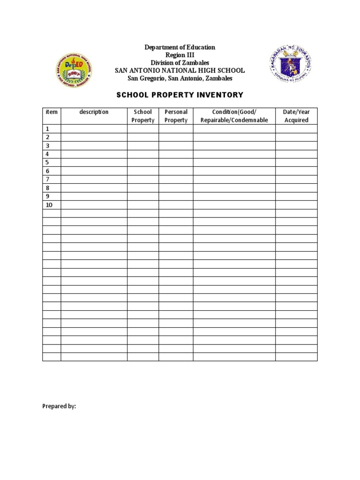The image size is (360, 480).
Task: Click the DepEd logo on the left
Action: (x=74, y=70)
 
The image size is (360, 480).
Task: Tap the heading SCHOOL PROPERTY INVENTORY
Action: (x=180, y=95)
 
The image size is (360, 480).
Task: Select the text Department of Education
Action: (x=180, y=47)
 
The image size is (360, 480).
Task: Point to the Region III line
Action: (x=180, y=55)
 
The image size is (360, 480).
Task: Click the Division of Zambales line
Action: (x=180, y=63)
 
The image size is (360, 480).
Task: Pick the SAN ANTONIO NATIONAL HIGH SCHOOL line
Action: (x=180, y=70)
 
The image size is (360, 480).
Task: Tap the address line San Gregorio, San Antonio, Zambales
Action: (x=180, y=78)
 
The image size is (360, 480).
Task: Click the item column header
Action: (x=52, y=112)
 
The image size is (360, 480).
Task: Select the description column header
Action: (x=94, y=112)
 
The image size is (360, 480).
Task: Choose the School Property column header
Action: (x=143, y=116)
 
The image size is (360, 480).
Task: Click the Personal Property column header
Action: (x=176, y=116)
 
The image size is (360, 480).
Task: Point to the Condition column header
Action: (x=234, y=116)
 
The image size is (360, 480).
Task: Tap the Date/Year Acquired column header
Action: (x=296, y=116)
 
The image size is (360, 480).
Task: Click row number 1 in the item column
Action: (x=47, y=129)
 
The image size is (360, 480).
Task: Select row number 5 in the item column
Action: (x=47, y=163)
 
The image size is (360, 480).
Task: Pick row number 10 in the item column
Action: (x=49, y=205)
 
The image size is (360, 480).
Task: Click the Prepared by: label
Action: (x=59, y=406)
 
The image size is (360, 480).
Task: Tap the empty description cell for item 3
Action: (x=94, y=146)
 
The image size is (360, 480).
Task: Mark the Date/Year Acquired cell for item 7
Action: (x=296, y=180)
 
